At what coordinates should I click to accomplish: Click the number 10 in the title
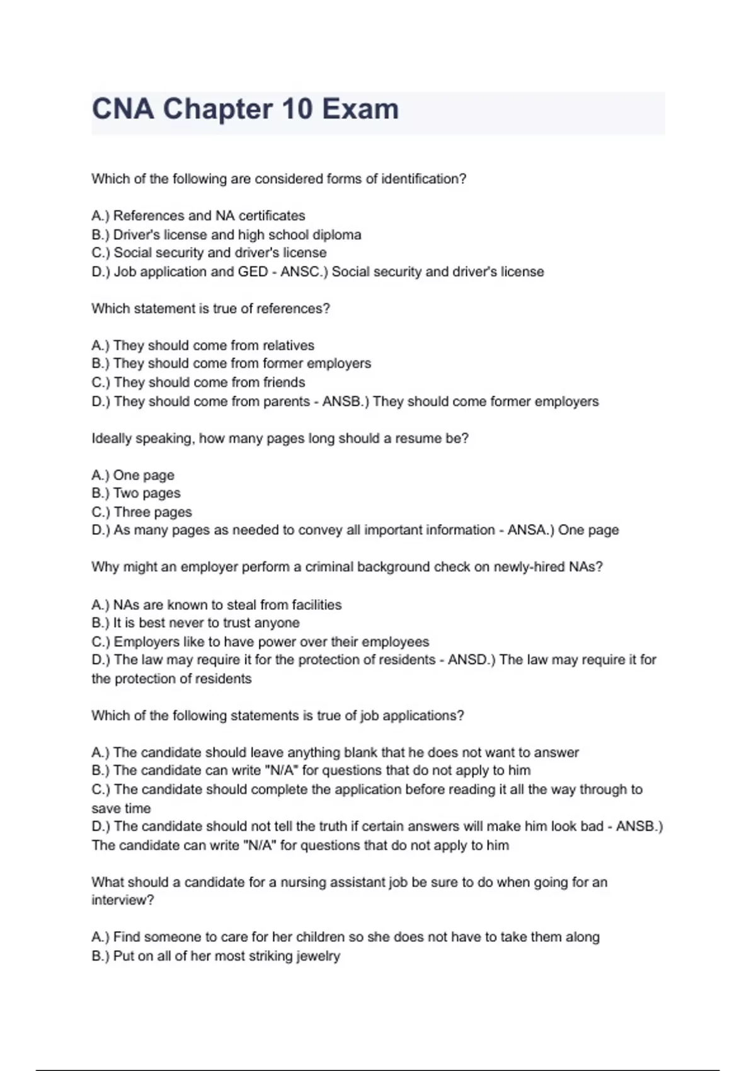tap(297, 109)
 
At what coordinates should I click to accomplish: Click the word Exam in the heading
tap(360, 109)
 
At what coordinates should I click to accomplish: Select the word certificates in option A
tap(272, 215)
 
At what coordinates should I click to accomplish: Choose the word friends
tap(283, 382)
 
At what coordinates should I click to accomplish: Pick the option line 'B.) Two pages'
tap(136, 493)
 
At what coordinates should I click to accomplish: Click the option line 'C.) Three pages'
tap(142, 512)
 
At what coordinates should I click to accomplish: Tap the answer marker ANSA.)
tap(531, 530)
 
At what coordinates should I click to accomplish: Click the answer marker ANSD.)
tap(472, 660)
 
